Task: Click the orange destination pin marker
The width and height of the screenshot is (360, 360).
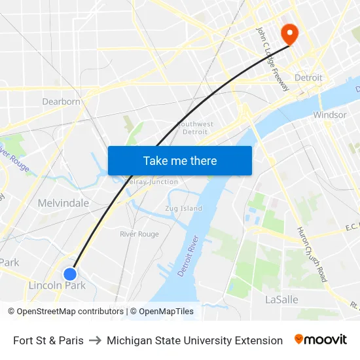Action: point(288,33)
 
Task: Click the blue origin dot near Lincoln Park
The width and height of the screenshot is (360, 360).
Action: point(70,274)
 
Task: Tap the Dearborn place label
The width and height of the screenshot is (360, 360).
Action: point(61,101)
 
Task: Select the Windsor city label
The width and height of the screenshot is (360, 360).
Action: point(330,115)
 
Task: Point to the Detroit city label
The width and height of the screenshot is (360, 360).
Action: point(308,78)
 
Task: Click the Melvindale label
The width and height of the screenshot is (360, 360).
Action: point(63,203)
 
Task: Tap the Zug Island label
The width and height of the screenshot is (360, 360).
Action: point(183,209)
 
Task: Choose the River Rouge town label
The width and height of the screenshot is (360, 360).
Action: point(139,234)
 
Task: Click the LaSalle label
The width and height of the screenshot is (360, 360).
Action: point(281,300)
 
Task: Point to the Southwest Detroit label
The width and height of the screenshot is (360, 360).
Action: point(195,128)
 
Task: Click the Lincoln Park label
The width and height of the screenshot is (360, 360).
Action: point(57,285)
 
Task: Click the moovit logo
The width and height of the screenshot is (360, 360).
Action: point(320,340)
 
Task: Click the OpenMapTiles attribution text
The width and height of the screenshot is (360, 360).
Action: point(166,312)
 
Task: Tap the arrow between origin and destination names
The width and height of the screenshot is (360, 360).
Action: point(95,340)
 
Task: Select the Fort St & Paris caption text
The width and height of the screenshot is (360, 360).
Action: point(48,340)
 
